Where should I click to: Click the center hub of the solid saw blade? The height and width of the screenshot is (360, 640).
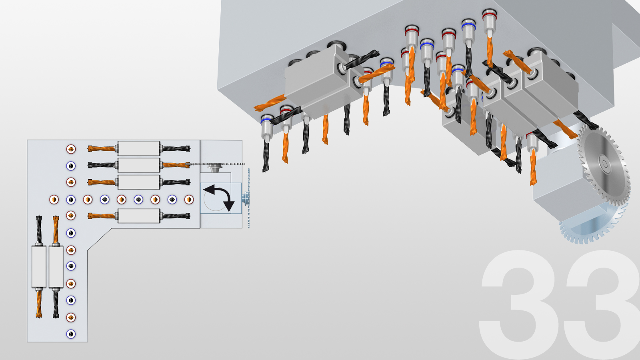(x=604, y=164)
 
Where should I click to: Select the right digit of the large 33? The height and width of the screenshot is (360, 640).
(x=603, y=305)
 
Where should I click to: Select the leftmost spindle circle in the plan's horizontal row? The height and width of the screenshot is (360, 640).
(x=54, y=200)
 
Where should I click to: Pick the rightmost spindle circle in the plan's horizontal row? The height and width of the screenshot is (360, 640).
(x=189, y=200)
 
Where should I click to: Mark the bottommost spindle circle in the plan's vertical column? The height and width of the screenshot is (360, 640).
(x=71, y=334)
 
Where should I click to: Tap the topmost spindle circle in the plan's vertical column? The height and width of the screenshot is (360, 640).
(x=71, y=149)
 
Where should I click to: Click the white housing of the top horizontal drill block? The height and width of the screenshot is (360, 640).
(x=139, y=148)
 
